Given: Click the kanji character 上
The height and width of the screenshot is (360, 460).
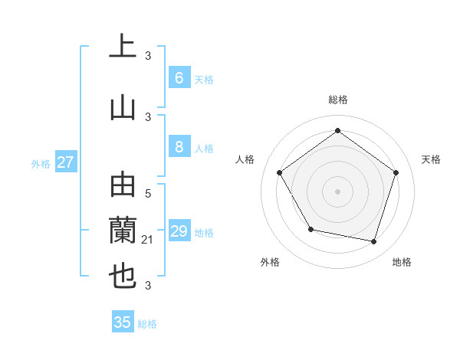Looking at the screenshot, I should click(x=123, y=47).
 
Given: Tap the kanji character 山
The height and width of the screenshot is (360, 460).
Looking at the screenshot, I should click(x=123, y=108).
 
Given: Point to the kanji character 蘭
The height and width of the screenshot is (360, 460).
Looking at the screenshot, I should click(x=123, y=229).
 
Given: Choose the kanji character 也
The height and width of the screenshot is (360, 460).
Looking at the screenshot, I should click(x=123, y=277).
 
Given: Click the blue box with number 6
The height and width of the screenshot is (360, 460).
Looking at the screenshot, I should click(x=179, y=78).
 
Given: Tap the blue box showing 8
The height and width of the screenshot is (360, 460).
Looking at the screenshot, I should click(x=179, y=148).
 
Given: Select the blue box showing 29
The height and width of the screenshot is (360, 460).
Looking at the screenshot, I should click(x=179, y=231).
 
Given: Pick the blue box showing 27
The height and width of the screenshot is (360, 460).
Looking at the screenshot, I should click(x=66, y=162).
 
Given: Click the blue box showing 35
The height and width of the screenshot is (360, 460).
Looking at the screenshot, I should click(x=123, y=322).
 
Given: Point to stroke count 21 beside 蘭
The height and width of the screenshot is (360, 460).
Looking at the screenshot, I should click(x=148, y=240).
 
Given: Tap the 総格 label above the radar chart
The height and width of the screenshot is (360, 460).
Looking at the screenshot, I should click(x=337, y=100).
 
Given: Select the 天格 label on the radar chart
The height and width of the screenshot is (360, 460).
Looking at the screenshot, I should click(x=431, y=159).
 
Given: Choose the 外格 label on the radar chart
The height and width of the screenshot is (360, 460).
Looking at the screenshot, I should click(x=270, y=262).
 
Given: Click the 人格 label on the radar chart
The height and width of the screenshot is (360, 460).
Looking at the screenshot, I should click(x=245, y=159).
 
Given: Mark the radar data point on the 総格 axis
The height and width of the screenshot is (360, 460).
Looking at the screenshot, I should click(x=337, y=131).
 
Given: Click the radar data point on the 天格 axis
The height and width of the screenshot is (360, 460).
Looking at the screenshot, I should click(x=396, y=172).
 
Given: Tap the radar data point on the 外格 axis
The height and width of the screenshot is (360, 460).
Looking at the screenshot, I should click(x=310, y=229).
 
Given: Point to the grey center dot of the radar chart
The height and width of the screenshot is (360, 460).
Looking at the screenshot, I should click(x=337, y=191).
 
